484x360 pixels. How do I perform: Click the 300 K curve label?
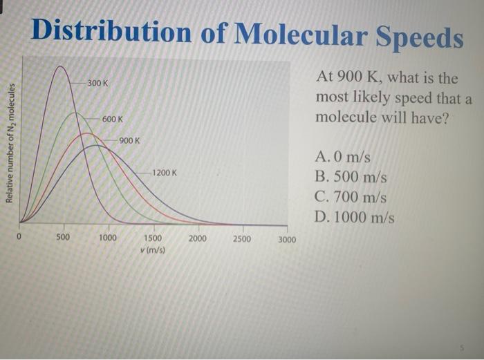pyautogui.click(x=97, y=84)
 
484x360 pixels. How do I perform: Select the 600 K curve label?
pyautogui.click(x=113, y=120)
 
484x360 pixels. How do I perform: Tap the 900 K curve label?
pyautogui.click(x=129, y=141)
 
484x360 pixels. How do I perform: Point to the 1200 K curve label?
pyautogui.click(x=165, y=172)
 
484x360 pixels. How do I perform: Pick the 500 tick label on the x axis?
pyautogui.click(x=63, y=238)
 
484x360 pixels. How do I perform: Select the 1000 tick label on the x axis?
pyautogui.click(x=108, y=238)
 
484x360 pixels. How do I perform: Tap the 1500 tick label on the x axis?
pyautogui.click(x=153, y=238)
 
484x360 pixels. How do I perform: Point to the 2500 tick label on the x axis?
pyautogui.click(x=242, y=239)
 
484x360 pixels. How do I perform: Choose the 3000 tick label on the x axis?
pyautogui.click(x=286, y=240)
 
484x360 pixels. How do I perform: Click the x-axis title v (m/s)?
pyautogui.click(x=153, y=249)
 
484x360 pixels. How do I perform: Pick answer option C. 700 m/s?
pyautogui.click(x=351, y=197)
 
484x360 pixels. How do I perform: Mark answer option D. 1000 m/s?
pyautogui.click(x=355, y=217)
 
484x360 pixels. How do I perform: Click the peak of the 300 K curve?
pyautogui.click(x=62, y=66)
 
